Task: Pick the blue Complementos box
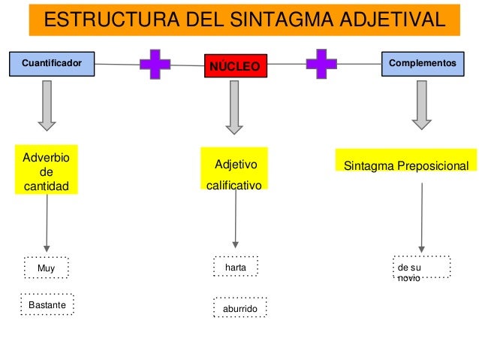tap(421, 65)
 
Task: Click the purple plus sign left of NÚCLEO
tap(155, 65)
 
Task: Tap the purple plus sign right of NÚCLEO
tap(321, 65)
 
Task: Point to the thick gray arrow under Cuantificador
tap(47, 105)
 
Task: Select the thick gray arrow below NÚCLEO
tap(235, 106)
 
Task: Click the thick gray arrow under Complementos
tap(420, 105)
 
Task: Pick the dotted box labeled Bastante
tap(47, 304)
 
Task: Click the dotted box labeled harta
tap(236, 267)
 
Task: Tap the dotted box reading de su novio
tap(421, 268)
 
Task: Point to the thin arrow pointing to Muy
tap(47, 222)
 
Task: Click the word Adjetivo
tap(236, 164)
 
